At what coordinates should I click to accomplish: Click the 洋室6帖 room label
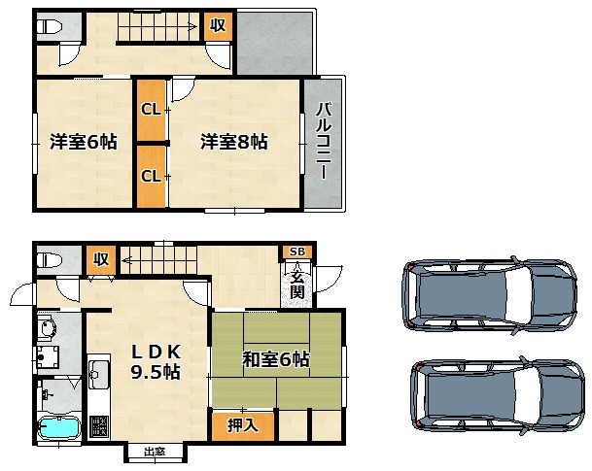tap(84, 142)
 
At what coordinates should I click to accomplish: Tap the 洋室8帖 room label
tap(234, 142)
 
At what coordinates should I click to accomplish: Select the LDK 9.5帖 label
tap(156, 362)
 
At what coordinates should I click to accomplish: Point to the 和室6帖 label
tap(276, 359)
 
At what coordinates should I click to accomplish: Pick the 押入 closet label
tap(243, 425)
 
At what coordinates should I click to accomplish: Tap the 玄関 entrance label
tap(297, 286)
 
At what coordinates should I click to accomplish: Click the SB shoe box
tap(297, 252)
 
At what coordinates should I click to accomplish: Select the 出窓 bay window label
tap(155, 452)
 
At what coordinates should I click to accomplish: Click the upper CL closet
tap(151, 110)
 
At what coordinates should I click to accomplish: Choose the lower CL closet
tap(151, 176)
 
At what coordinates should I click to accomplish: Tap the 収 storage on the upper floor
tap(218, 26)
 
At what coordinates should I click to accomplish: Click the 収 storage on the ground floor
tap(101, 260)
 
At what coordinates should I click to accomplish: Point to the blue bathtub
tap(59, 428)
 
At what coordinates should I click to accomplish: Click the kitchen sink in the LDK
tap(99, 375)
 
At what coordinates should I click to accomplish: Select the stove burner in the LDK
tap(99, 426)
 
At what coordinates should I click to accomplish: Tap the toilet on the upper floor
tap(49, 27)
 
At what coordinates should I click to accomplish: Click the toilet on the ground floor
tap(49, 260)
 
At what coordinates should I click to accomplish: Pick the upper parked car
tap(490, 295)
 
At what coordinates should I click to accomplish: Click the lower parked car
tap(498, 395)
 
